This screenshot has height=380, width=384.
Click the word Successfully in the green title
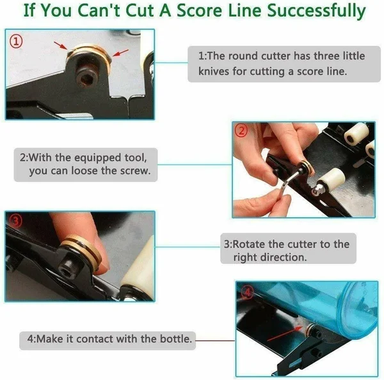[x=316, y=11]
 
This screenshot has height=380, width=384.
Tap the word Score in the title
[x=200, y=10]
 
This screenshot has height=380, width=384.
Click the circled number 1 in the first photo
[x=16, y=42]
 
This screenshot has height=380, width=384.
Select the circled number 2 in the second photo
[x=241, y=131]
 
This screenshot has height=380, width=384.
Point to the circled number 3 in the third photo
[x=15, y=221]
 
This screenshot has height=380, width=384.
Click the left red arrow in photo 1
[x=60, y=45]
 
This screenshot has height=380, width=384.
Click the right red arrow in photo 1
[x=120, y=53]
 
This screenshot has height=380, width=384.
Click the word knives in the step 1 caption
[x=213, y=72]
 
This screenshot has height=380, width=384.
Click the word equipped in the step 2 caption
[x=98, y=158]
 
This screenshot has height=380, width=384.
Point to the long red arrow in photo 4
[x=285, y=333]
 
